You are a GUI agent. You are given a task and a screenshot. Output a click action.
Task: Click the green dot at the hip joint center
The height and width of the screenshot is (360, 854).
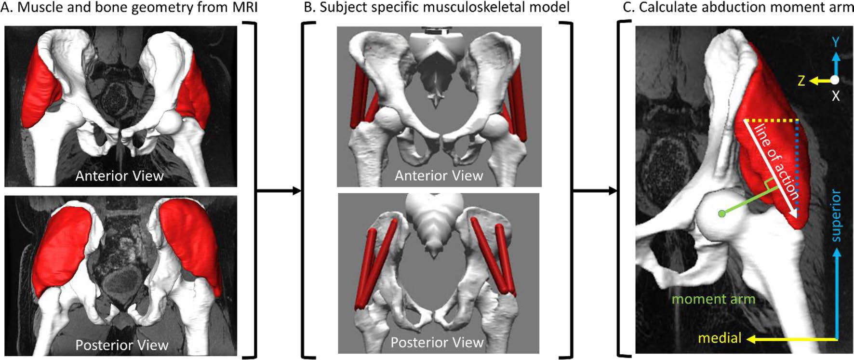pos(721,213)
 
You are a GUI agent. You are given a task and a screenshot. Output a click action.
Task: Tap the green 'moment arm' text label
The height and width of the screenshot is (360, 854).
pos(713,299)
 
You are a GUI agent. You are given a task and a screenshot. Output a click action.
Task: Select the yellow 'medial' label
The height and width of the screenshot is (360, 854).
pos(720,338)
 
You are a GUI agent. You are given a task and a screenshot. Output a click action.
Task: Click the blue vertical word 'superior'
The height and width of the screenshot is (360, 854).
pos(836,215)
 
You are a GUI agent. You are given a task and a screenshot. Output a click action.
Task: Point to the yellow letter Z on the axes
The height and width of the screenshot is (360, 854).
pos(801,81)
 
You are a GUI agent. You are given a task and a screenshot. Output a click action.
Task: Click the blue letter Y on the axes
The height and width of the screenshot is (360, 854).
pos(836,42)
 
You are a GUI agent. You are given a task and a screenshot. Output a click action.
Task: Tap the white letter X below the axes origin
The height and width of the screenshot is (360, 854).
pos(836,96)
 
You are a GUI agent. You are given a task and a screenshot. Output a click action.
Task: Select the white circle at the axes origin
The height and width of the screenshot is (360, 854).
pos(835,80)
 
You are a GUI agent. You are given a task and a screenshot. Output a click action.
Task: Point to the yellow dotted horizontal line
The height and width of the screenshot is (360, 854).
pos(771,120)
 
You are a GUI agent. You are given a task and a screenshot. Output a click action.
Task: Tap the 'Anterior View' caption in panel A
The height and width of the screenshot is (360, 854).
pos(120,176)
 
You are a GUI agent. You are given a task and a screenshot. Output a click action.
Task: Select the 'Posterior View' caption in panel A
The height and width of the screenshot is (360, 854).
pos(122,345)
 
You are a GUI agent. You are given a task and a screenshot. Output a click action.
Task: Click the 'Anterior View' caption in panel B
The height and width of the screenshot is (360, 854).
pos(439,175)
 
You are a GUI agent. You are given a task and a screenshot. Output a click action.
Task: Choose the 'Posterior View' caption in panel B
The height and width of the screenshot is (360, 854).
pos(437,342)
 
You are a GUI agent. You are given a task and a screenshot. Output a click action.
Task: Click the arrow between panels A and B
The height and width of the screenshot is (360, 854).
pos(279,191)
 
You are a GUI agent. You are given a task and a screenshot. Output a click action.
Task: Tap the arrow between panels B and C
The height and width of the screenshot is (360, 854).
pos(595,191)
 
